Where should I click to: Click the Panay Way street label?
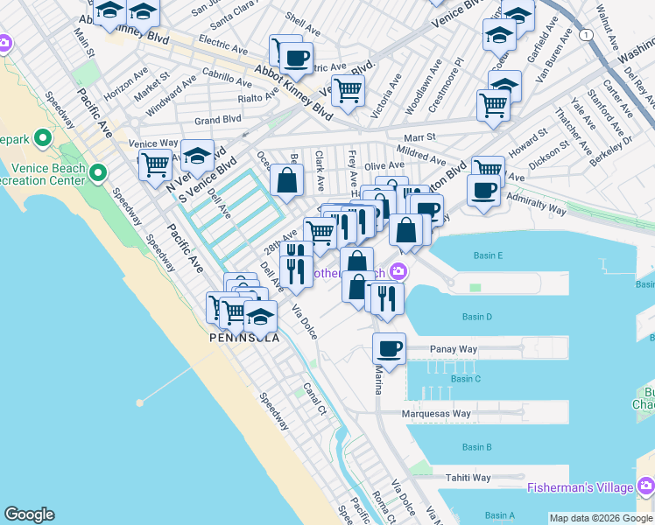454,349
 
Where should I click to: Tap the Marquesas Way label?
436,414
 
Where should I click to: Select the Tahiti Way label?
468,478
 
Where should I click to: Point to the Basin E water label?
487,255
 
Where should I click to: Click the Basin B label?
476,447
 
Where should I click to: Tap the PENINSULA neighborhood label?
244,338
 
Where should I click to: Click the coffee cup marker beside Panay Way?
389,349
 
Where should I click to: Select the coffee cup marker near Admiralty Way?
482,191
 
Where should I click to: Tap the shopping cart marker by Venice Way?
155,164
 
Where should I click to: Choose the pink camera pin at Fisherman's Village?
645,486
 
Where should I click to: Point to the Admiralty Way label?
539,207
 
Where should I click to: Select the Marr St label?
419,137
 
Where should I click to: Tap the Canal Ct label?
316,398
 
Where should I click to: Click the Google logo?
29,514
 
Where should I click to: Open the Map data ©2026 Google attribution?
601,518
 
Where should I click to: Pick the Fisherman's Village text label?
583,486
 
